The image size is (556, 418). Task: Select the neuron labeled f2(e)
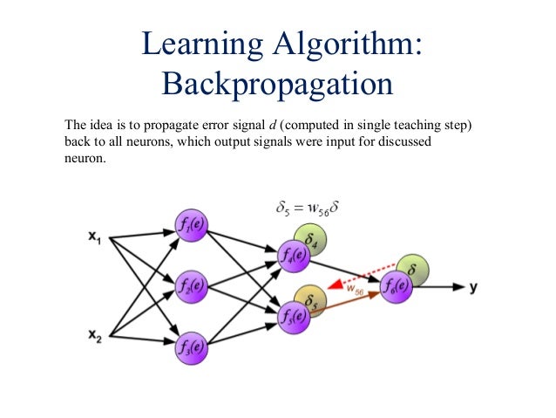pyautogui.click(x=189, y=284)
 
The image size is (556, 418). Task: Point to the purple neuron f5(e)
pyautogui.click(x=292, y=314)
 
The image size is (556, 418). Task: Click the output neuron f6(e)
pyautogui.click(x=396, y=284)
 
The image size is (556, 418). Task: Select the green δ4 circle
pyautogui.click(x=309, y=236)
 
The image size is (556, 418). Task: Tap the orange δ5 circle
pyautogui.click(x=310, y=299)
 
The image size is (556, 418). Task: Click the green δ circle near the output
pyautogui.click(x=411, y=267)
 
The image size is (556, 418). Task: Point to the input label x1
pyautogui.click(x=96, y=236)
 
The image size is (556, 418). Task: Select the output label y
pyautogui.click(x=474, y=286)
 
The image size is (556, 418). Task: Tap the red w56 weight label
pyautogui.click(x=353, y=290)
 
